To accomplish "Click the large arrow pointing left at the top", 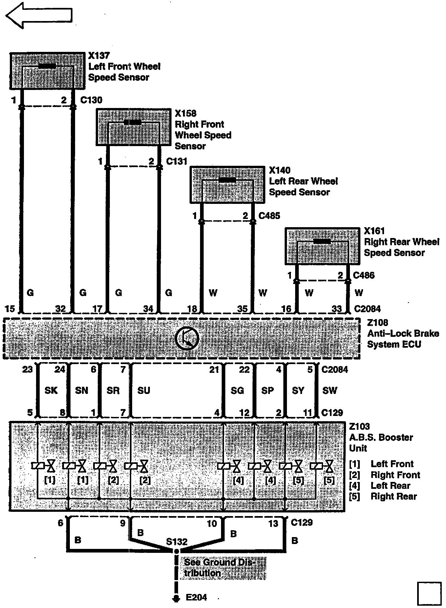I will pos(39,15).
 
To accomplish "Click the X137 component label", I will pos(99,56).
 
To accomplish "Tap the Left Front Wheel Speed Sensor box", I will pos(47,71).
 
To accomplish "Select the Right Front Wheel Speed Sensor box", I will pos(133,127).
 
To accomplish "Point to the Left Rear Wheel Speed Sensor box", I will pos(227,185).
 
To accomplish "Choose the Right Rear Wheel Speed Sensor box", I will pos(322,246).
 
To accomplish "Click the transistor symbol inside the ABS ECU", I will pos(187,338).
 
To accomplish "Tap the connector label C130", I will pos(91,100).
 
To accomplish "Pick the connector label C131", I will pos(176,162).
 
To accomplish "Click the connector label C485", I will pos(269,216).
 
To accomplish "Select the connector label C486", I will pos(364,275).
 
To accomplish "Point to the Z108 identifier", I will pos(377,323).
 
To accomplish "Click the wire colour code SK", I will pos(51,390).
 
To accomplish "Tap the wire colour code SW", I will pos(330,390).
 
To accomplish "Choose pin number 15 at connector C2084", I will pos(10,309).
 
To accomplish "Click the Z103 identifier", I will pos(359,426).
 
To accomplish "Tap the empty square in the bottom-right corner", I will pos(429,594).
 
